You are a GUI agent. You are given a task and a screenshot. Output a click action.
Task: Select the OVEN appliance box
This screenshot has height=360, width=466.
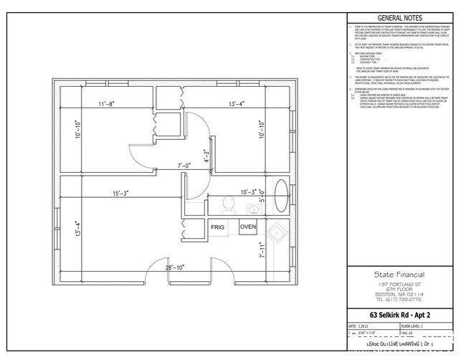pos(248,227)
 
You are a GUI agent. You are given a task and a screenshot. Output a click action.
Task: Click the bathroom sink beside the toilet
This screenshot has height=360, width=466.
pos(252,209)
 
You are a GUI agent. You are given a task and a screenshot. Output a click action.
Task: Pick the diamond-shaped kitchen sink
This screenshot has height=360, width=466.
pos(274,232)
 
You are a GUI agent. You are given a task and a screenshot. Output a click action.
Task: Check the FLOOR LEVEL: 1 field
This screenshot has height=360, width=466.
pos(428,326)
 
